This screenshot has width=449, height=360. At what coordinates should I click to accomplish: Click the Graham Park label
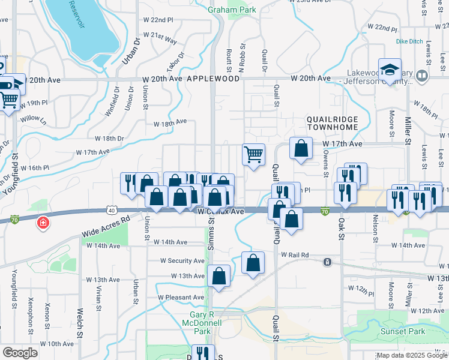(x=232, y=10)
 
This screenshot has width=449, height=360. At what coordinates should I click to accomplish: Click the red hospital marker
(x=43, y=224)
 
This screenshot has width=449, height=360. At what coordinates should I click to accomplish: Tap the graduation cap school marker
(x=390, y=70)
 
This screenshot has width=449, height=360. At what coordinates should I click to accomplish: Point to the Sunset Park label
(x=403, y=331)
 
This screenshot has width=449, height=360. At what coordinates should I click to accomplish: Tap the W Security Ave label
(x=182, y=261)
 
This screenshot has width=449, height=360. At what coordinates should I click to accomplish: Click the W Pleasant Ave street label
(x=181, y=298)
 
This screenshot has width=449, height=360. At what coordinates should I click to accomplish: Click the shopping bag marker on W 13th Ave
(x=219, y=277)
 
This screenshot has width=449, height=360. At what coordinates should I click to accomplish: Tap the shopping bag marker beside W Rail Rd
(x=253, y=263)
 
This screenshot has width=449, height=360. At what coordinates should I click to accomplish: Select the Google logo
(x=20, y=353)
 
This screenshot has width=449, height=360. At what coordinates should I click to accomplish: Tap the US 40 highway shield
(x=112, y=209)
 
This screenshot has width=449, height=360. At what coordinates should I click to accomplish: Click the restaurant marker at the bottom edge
(x=203, y=353)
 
